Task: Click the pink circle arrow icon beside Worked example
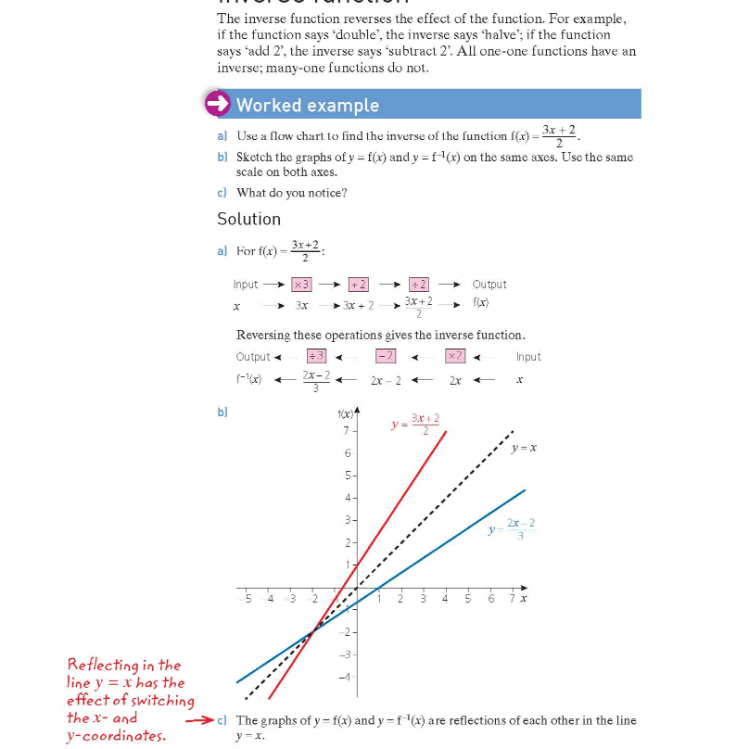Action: click(x=218, y=104)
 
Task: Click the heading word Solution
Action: click(x=248, y=219)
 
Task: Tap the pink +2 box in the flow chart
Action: click(x=359, y=285)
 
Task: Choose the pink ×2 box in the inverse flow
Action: click(x=455, y=356)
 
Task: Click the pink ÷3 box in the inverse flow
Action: click(x=316, y=356)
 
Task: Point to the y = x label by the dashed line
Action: click(x=524, y=448)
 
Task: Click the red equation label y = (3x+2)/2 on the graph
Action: click(x=414, y=424)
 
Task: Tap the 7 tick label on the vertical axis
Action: click(x=346, y=431)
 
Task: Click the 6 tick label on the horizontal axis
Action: click(x=490, y=599)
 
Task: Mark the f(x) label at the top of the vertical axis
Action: click(x=345, y=414)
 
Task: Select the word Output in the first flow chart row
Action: click(x=489, y=285)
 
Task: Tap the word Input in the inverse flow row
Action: click(x=528, y=357)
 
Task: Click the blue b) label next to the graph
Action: click(x=222, y=412)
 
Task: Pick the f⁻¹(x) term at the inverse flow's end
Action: click(x=249, y=380)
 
